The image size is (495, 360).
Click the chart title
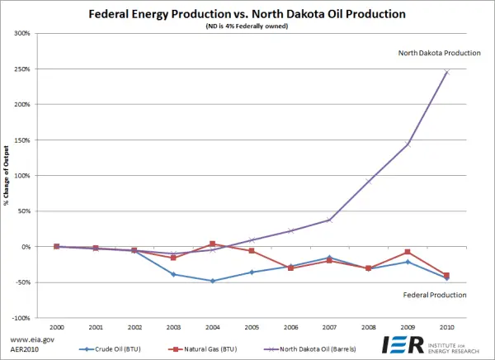[247, 14]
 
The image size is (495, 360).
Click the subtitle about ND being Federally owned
[247, 26]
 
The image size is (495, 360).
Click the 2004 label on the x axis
[212, 328]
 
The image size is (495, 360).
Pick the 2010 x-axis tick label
[446, 328]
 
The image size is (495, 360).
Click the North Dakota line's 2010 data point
[446, 72]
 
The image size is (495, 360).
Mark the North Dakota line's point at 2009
[408, 144]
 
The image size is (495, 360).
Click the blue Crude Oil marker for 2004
[212, 281]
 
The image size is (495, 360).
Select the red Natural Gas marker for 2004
[212, 244]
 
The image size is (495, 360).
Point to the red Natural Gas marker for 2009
[408, 252]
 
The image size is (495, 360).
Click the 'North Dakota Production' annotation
[439, 53]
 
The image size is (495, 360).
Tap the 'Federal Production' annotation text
[435, 295]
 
